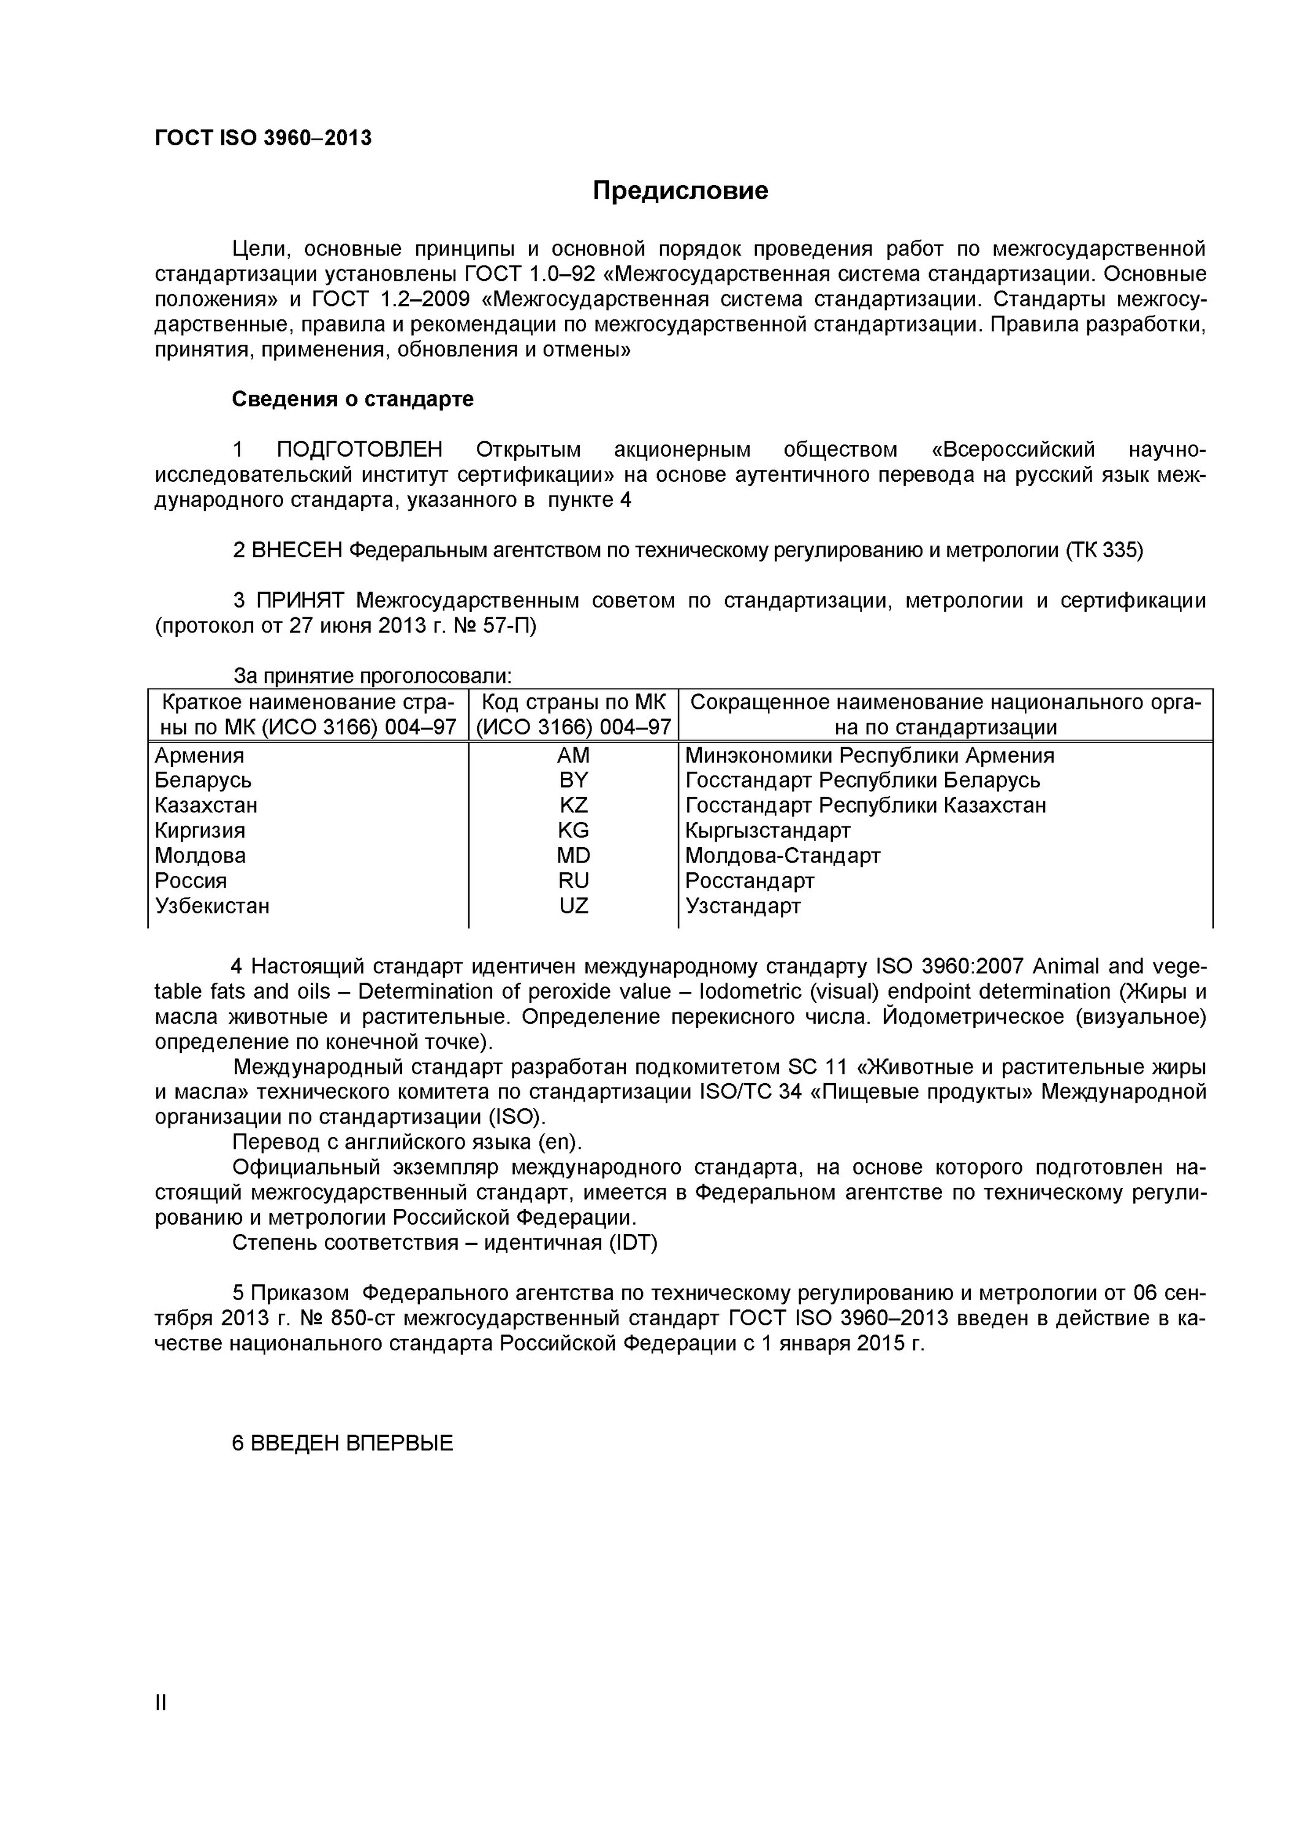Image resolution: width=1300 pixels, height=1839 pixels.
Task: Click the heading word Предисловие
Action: [x=680, y=191]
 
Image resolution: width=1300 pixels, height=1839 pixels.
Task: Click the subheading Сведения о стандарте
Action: [x=352, y=399]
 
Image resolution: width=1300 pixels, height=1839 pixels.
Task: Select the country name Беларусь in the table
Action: [x=203, y=780]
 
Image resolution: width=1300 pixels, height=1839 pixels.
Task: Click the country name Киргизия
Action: [x=200, y=831]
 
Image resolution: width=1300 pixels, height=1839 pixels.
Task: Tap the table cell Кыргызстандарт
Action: [x=767, y=831]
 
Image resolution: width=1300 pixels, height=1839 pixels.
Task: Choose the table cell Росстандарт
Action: [x=750, y=881]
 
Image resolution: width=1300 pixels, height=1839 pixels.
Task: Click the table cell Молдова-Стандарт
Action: [x=783, y=855]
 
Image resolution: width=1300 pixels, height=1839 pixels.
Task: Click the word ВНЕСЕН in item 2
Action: [x=297, y=550]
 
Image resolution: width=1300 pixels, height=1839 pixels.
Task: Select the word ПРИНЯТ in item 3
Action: [x=300, y=601]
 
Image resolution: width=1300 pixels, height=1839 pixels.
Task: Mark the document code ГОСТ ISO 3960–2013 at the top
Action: [x=264, y=139]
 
